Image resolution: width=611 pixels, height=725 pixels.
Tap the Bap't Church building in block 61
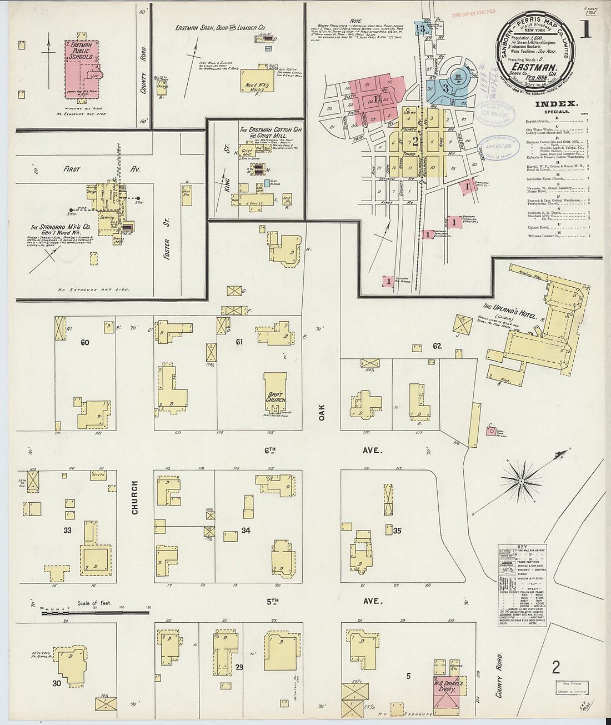coord(276,394)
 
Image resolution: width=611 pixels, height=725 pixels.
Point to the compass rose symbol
coord(521,480)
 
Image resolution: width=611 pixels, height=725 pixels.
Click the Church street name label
coord(135,497)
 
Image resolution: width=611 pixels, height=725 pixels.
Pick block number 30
coord(56,683)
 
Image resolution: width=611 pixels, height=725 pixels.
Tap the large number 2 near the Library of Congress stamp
coord(555,667)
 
